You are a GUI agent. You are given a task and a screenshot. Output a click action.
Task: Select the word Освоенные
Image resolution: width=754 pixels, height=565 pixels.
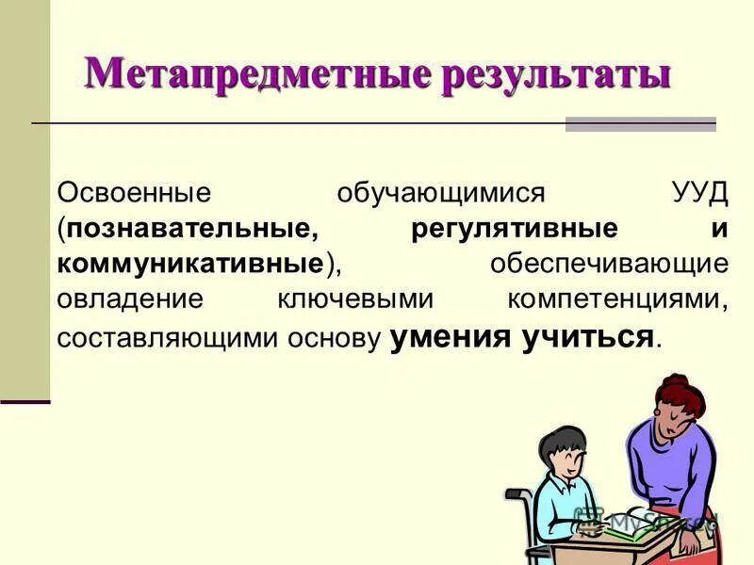132,192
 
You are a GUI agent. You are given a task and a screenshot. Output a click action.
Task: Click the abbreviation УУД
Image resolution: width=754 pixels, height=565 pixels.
701,192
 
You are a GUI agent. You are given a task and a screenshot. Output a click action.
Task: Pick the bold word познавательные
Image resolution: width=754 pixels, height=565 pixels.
189,228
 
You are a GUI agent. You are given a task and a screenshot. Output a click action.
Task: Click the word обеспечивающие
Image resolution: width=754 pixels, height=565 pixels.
608,263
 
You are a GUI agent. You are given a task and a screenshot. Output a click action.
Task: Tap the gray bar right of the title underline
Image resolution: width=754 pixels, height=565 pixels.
640,124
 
